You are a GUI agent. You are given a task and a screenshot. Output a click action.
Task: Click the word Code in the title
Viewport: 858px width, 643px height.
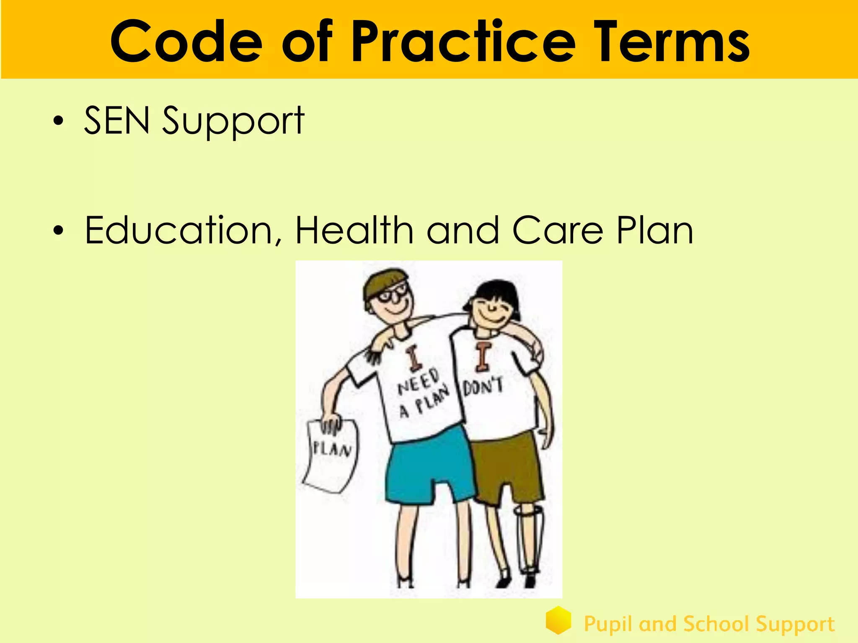(186, 42)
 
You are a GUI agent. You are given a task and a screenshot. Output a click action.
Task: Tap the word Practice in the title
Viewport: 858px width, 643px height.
(463, 42)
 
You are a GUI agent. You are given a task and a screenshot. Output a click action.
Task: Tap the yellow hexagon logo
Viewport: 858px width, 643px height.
(558, 620)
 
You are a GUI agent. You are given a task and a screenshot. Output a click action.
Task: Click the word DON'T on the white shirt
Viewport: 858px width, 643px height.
(483, 386)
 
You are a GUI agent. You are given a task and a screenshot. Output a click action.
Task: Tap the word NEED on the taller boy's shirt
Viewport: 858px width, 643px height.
(418, 382)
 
